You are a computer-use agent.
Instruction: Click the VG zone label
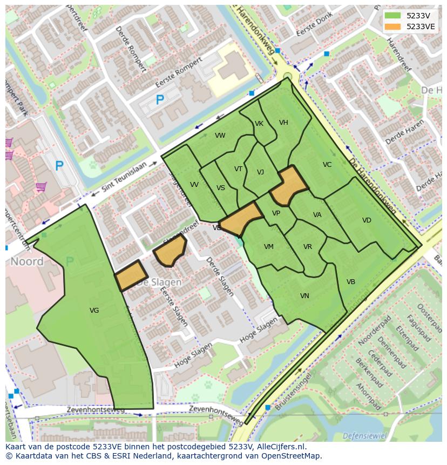pyautogui.click(x=94, y=310)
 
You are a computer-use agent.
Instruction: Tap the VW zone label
pyautogui.click(x=220, y=136)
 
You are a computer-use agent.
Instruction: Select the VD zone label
pyautogui.click(x=367, y=220)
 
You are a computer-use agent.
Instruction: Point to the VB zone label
pyautogui.click(x=350, y=282)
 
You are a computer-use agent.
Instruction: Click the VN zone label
pyautogui.click(x=304, y=296)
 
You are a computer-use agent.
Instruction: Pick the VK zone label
pyautogui.click(x=259, y=124)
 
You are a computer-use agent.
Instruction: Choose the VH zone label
pyautogui.click(x=283, y=123)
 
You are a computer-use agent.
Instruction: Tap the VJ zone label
pyautogui.click(x=260, y=172)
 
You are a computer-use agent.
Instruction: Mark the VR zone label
pyautogui.click(x=308, y=247)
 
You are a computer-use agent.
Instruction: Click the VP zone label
pyautogui.click(x=276, y=213)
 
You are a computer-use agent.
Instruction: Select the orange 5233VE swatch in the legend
pyautogui.click(x=392, y=26)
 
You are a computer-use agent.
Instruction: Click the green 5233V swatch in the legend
pyautogui.click(x=392, y=16)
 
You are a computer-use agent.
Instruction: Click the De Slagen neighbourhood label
pyautogui.click(x=159, y=282)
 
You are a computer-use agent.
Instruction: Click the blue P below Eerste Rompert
pyautogui.click(x=159, y=100)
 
